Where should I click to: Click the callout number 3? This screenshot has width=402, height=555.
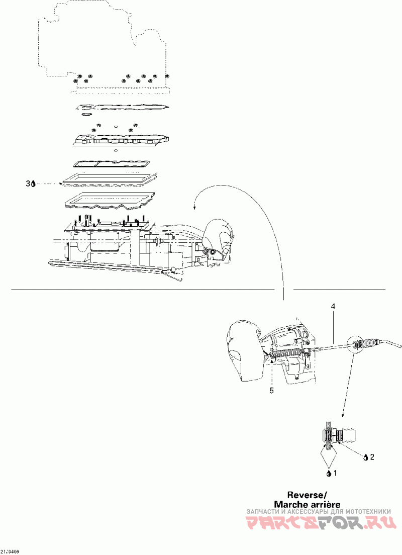pos(28,184)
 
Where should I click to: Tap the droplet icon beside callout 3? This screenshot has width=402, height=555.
pos(33,184)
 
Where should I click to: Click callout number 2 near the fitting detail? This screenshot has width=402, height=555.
pos(372,457)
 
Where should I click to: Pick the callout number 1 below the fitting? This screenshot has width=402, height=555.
pos(336,473)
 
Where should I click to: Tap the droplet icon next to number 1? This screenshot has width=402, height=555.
pos(329,473)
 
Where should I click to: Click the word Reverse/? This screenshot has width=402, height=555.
pos(307,494)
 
